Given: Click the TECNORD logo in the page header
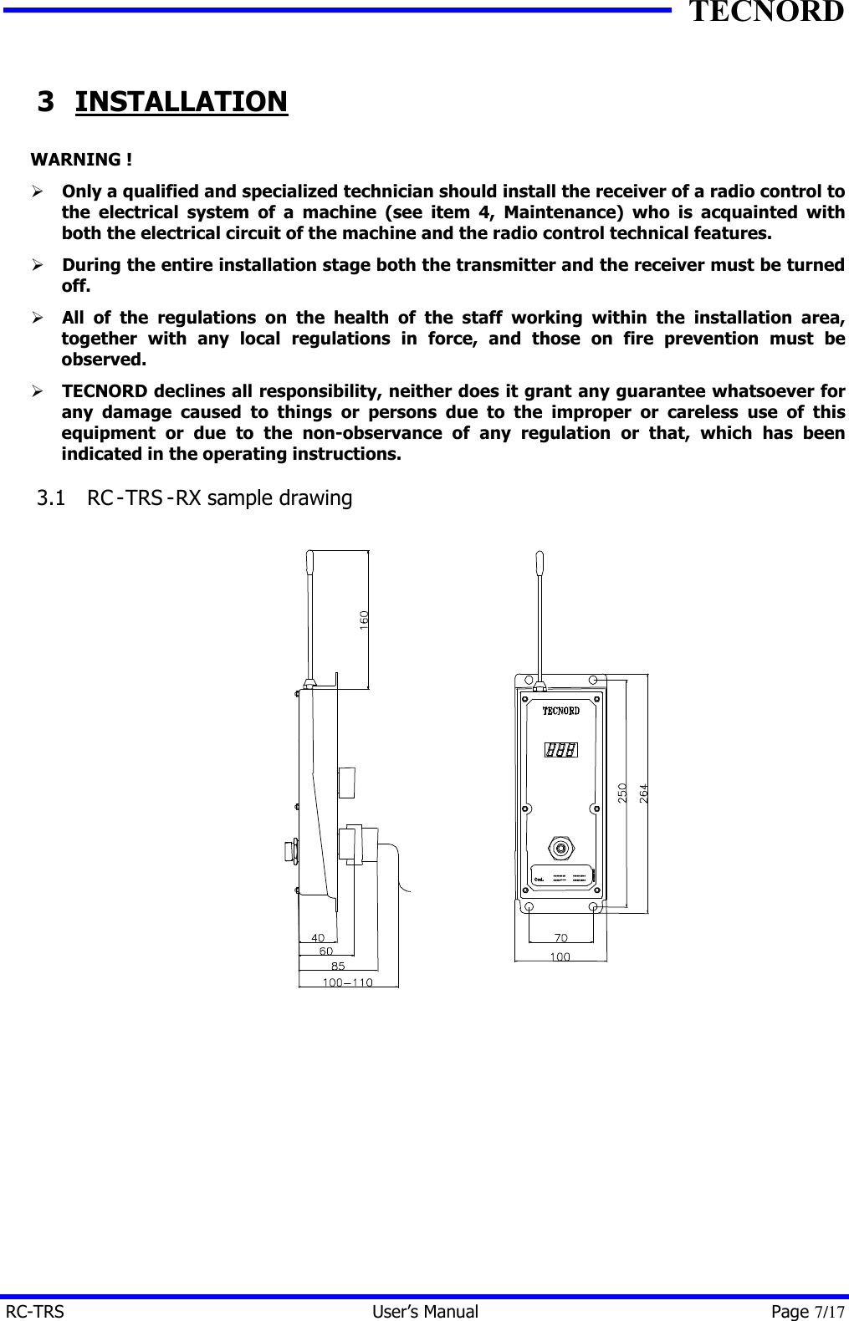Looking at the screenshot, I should click(765, 13).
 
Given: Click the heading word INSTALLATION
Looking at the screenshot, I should click(182, 102).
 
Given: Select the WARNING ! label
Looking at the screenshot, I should click(81, 159).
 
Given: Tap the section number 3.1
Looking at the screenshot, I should click(51, 497).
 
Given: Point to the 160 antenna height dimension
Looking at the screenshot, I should click(364, 620).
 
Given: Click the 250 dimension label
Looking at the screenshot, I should click(622, 793).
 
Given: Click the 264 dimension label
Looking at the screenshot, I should click(643, 793).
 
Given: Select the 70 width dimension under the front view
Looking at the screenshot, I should click(560, 937).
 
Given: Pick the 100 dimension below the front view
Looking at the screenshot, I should click(560, 956).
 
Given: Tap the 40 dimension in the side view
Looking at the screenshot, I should click(318, 937).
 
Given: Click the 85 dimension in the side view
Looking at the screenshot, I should click(338, 966).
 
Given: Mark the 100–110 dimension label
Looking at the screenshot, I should click(348, 982).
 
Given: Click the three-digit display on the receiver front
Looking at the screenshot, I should click(561, 750).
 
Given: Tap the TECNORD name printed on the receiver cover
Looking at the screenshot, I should click(560, 711).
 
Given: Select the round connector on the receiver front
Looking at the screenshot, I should click(560, 848).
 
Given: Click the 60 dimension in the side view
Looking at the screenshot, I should click(326, 951).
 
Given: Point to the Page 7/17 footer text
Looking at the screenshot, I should click(807, 1312).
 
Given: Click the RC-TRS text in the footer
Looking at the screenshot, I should click(35, 1312).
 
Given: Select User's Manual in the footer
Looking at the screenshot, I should click(425, 1312).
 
